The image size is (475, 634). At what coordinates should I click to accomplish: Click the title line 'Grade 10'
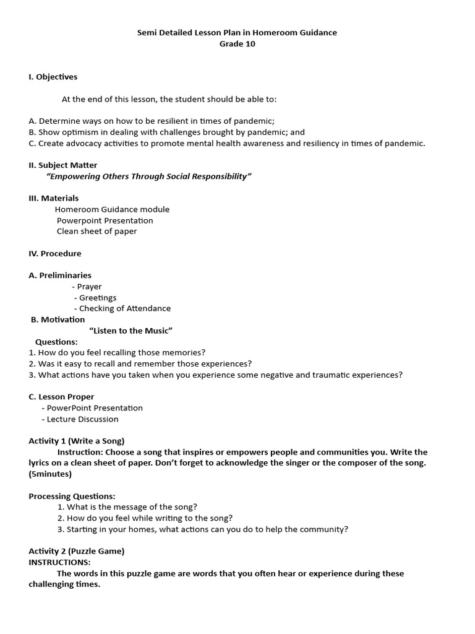point(237,44)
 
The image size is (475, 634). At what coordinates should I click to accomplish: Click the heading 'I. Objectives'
point(53,77)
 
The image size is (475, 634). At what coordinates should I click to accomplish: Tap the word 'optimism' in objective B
point(79,132)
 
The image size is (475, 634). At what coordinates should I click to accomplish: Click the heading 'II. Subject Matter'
point(63,165)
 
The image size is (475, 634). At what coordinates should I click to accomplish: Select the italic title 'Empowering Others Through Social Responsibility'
point(149,176)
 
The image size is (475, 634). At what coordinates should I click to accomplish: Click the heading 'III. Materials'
point(54,198)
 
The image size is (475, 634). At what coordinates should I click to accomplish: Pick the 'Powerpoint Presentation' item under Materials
point(105,220)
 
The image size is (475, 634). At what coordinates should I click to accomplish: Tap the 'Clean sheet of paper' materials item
point(96,232)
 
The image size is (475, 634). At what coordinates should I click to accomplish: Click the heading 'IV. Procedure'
point(55,253)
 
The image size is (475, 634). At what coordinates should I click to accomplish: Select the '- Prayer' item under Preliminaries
point(87,287)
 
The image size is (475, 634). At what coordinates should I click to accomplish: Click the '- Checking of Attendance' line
point(122,308)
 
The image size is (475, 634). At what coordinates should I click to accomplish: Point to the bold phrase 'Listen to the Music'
point(131,331)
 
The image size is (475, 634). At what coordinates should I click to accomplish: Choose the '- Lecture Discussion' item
point(80,419)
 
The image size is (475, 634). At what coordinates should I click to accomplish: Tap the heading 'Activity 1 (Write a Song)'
point(77,441)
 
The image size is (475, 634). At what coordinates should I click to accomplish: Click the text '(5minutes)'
point(50,474)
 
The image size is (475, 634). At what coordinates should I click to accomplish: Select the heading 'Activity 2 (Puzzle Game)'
point(77,551)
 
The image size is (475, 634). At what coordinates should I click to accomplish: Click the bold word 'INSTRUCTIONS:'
point(59,562)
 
